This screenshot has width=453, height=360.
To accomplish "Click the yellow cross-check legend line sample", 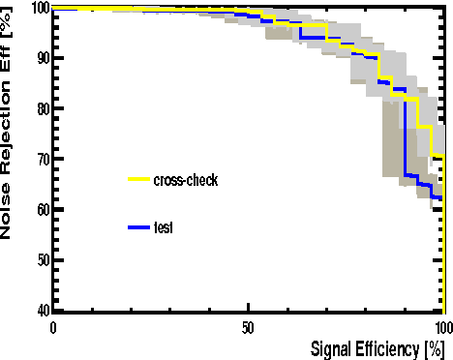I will tap(139, 180).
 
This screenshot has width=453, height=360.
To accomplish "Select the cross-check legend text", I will tap(186, 180).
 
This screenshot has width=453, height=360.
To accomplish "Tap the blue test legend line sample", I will tap(139, 227).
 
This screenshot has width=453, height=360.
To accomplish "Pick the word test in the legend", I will tap(164, 227).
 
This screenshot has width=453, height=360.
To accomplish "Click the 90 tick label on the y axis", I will tap(40, 58).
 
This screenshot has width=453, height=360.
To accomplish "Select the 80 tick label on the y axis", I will tap(40, 108).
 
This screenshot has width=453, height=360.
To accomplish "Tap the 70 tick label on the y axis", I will tap(40, 159).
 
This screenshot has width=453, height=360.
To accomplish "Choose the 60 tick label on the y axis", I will tap(40, 209).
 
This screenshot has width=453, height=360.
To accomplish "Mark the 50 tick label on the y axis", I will tap(40, 259).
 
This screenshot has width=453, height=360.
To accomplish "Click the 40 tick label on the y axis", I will tap(40, 310).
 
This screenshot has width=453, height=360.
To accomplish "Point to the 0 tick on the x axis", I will tap(53, 326).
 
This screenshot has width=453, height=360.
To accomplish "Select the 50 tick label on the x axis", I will tap(248, 326).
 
